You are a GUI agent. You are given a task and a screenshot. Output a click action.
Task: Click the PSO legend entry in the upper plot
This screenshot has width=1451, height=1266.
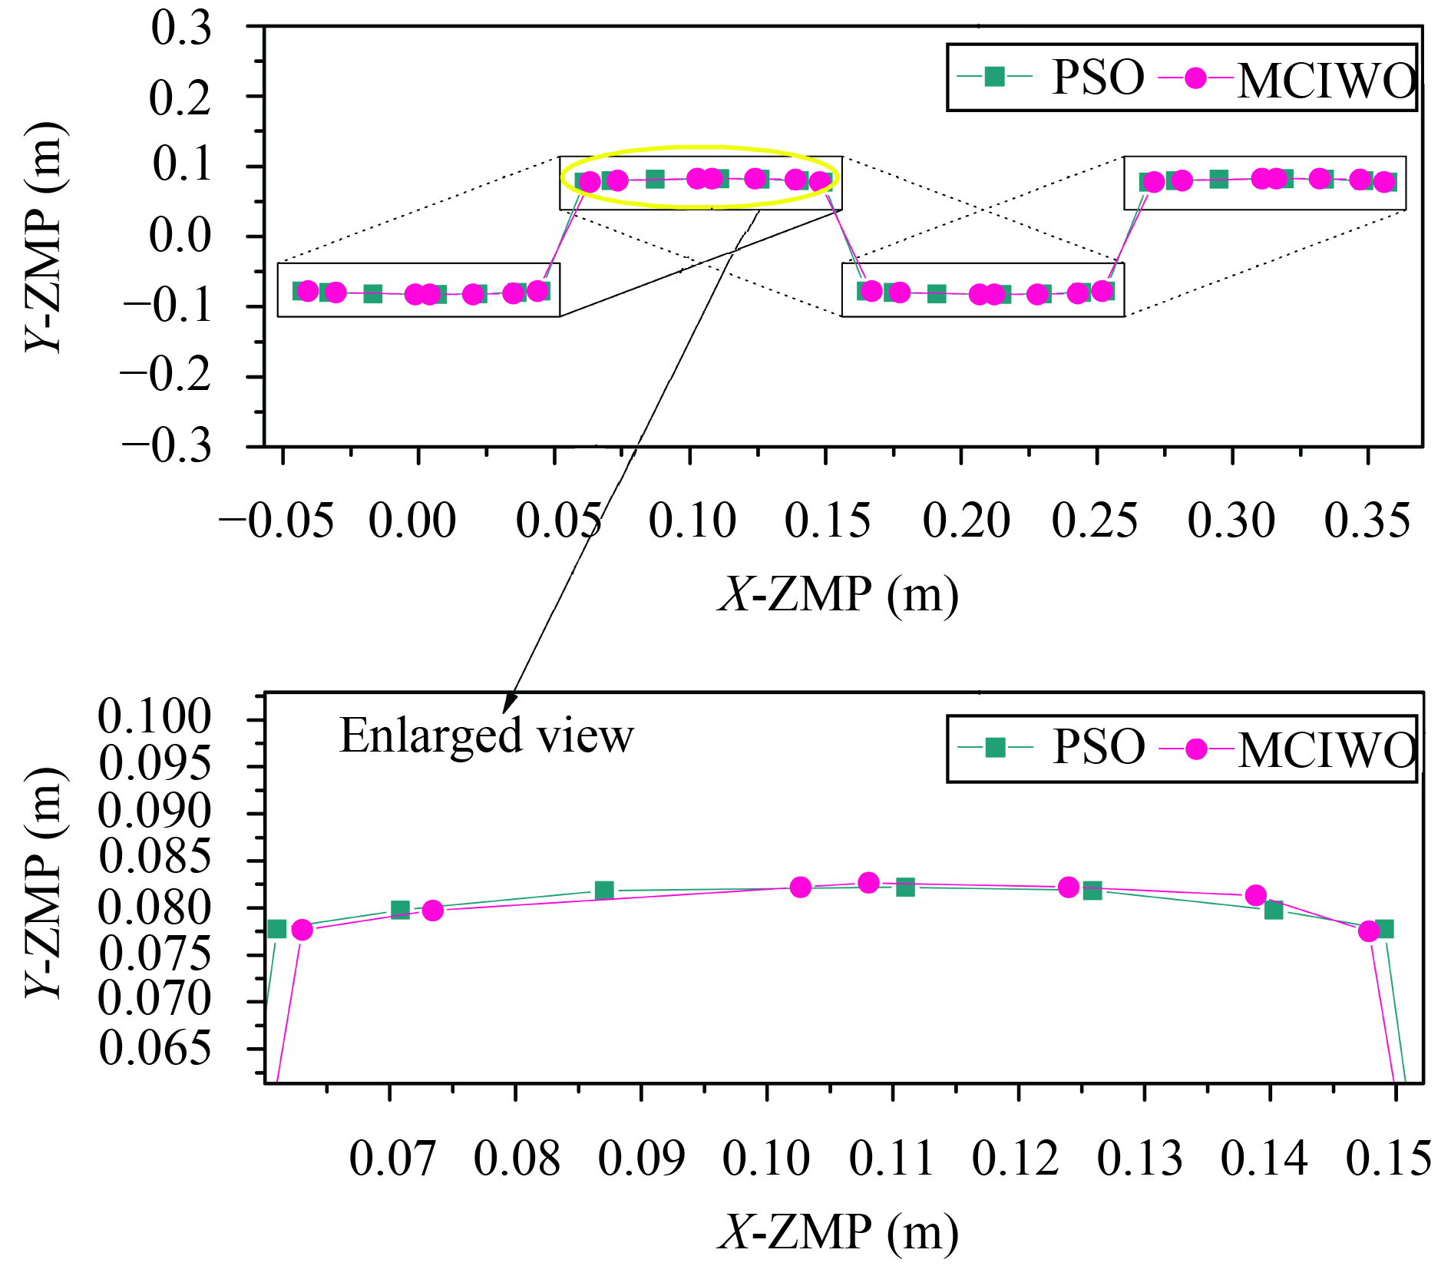click(x=1098, y=78)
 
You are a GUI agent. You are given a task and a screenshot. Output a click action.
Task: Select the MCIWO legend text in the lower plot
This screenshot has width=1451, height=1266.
click(x=1327, y=750)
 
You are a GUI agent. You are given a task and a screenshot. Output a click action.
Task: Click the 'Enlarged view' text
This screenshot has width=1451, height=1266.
click(x=486, y=735)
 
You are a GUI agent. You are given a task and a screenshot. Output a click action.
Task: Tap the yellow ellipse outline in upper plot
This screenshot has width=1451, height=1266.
click(x=700, y=147)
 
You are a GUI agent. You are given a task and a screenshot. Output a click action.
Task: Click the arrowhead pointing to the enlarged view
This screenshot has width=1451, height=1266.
click(x=508, y=703)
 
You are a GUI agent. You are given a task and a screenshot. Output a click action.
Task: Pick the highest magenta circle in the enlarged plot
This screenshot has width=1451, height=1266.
click(x=868, y=883)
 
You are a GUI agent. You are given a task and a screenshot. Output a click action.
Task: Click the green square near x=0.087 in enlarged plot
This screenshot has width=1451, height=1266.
click(x=604, y=891)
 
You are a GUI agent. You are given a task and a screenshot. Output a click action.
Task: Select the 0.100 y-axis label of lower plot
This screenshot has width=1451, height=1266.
click(x=154, y=717)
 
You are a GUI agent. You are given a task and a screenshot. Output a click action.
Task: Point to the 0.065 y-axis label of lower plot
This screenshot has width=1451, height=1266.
click(x=154, y=1048)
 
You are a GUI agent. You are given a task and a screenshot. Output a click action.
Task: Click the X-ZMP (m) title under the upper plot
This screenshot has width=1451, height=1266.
click(x=838, y=595)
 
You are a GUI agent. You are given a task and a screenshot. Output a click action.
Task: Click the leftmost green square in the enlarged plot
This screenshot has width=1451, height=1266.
click(x=277, y=929)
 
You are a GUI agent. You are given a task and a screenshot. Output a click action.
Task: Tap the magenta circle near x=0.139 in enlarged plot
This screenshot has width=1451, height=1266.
click(x=1255, y=895)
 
